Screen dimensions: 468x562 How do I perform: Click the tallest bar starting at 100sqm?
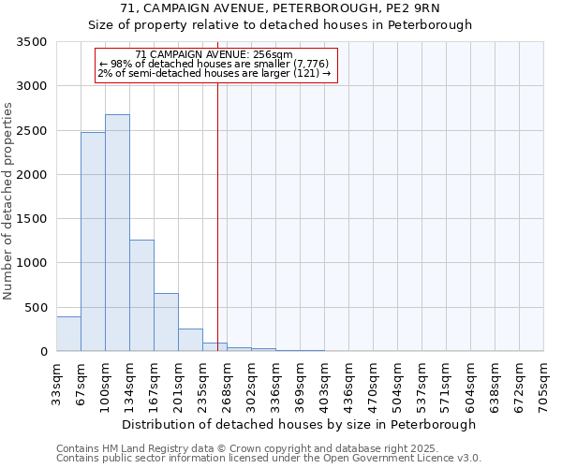point(117,233)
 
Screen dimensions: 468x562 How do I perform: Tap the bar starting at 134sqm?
point(141,296)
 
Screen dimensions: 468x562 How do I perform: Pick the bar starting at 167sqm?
point(166,322)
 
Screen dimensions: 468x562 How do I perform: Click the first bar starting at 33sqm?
point(68,334)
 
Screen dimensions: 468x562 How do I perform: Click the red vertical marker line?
point(217,215)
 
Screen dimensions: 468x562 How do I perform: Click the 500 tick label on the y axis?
point(37,307)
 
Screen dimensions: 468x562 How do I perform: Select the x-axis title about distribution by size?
point(299,424)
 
